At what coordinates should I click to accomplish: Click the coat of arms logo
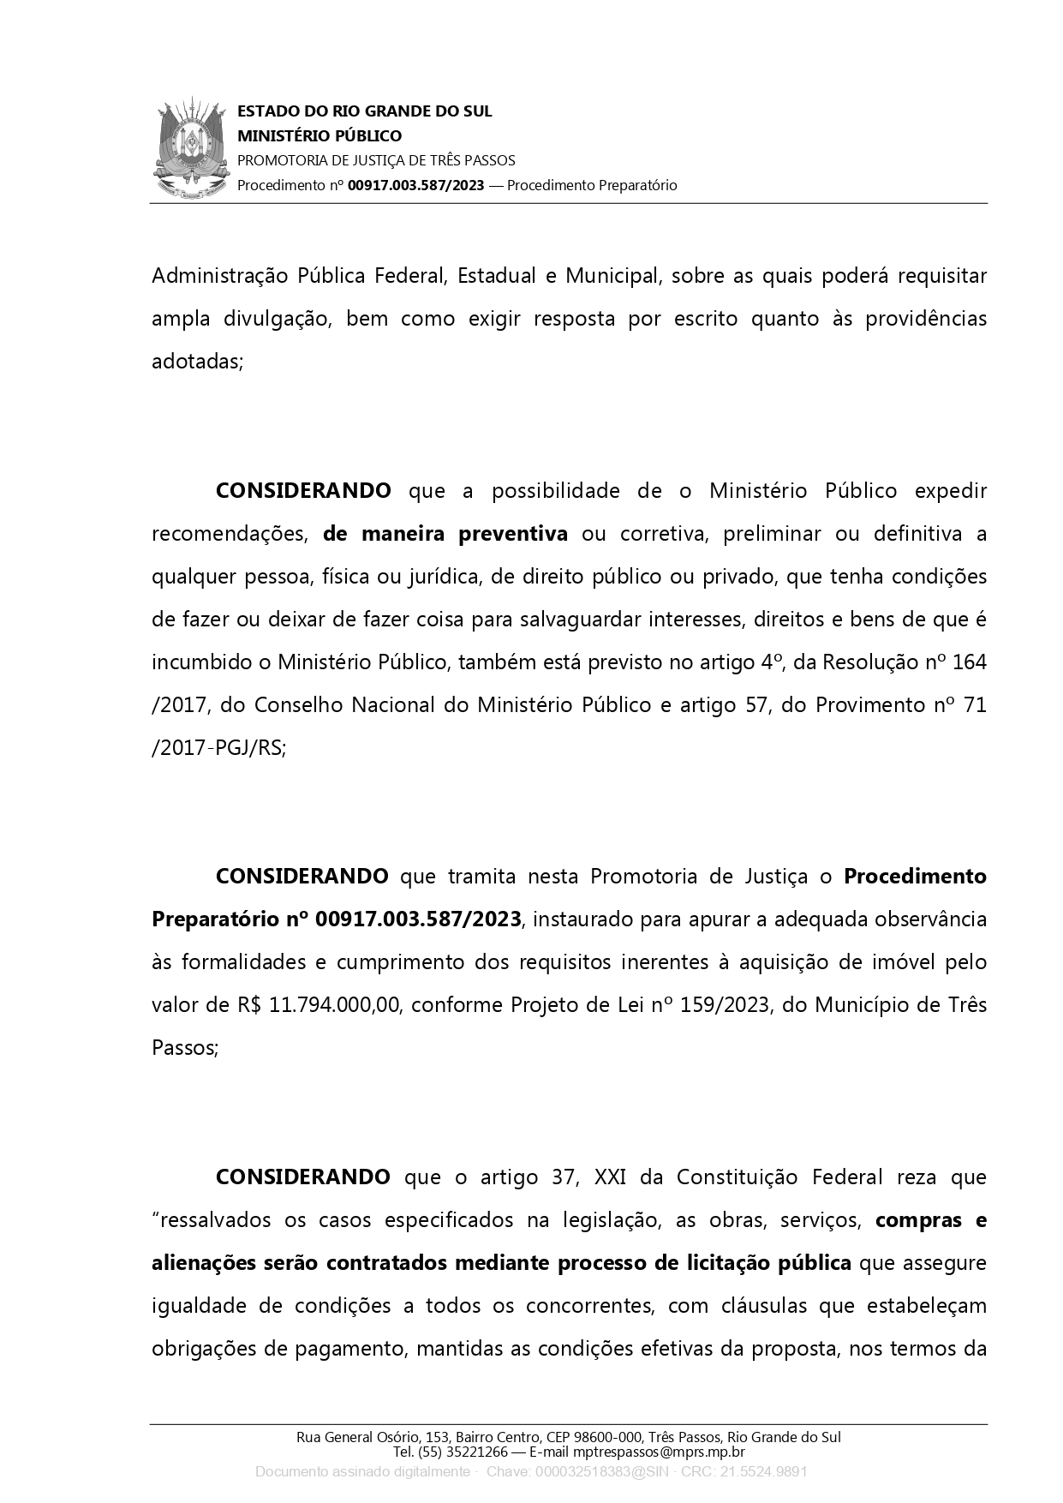[193, 149]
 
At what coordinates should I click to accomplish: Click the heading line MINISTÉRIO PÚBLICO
[319, 136]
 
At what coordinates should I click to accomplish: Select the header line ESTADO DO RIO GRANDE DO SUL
[364, 111]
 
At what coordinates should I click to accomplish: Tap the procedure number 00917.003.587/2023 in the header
[415, 185]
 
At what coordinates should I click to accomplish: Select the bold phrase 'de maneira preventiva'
[445, 534]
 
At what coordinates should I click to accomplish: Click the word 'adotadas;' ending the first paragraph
[198, 362]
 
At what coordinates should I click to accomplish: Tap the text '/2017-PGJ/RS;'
[219, 748]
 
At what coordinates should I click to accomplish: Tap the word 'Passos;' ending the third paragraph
[185, 1048]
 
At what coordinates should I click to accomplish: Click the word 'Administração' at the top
[218, 276]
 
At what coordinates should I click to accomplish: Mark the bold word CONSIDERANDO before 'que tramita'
[302, 877]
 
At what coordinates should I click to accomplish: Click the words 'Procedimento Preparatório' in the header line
[592, 185]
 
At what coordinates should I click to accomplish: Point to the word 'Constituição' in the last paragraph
[737, 1177]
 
